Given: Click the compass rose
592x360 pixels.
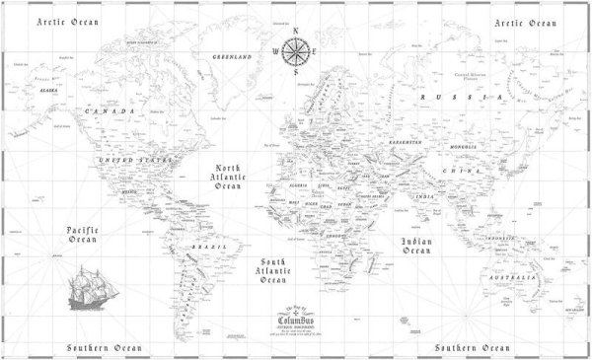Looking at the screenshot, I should pyautogui.click(x=294, y=50).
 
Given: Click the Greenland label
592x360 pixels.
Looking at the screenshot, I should pyautogui.click(x=232, y=57).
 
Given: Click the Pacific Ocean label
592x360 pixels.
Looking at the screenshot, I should pyautogui.click(x=82, y=236).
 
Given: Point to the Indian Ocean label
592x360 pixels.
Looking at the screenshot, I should pyautogui.click(x=416, y=247).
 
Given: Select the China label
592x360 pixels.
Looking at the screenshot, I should pyautogui.click(x=459, y=171).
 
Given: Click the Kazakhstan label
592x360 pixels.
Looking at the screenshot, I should pyautogui.click(x=404, y=143).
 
